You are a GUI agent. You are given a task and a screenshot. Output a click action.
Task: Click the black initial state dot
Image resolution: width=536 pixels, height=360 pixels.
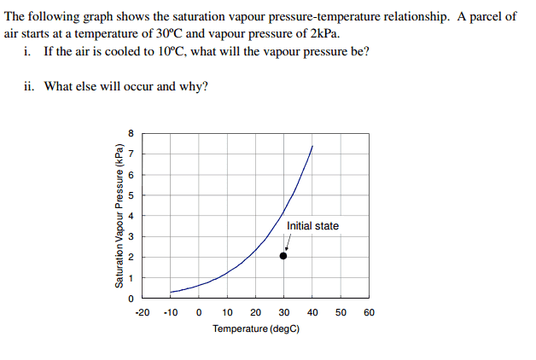click(x=284, y=255)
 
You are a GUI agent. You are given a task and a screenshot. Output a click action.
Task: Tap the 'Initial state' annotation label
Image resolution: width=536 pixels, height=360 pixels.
click(x=312, y=226)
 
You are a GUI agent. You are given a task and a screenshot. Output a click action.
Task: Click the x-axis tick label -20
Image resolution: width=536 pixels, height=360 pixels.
click(x=143, y=312)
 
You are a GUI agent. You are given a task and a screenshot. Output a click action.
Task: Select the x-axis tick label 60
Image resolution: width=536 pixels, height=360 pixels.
click(x=369, y=312)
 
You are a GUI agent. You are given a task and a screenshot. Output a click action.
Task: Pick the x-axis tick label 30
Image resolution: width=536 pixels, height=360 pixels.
click(x=284, y=312)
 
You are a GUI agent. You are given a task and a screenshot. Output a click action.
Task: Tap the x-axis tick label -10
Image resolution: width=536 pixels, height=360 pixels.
click(x=171, y=312)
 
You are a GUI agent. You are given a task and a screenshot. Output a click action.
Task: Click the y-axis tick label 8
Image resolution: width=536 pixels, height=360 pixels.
click(x=131, y=133)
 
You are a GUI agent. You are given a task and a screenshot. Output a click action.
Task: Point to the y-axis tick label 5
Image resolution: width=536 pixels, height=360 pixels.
click(x=131, y=195)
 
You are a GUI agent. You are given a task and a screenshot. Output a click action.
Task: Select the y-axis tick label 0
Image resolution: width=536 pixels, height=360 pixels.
click(x=131, y=299)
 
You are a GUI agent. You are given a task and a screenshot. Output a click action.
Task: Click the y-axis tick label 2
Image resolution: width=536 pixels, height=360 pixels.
click(x=131, y=258)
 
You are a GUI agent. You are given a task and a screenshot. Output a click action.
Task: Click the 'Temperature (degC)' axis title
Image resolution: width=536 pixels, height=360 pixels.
click(x=256, y=328)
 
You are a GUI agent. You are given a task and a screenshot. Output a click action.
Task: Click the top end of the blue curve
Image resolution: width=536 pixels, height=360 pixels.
click(x=312, y=147)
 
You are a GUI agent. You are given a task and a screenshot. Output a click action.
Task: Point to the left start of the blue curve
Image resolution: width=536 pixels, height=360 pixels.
click(x=171, y=292)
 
